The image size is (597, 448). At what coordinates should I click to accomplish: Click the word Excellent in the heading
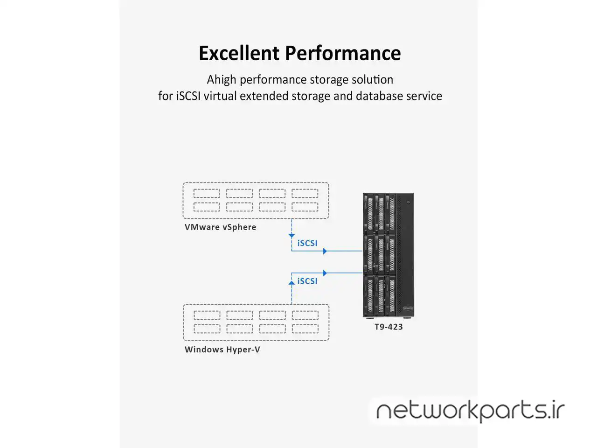point(239,53)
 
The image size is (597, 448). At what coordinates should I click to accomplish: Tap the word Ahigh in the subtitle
point(222,80)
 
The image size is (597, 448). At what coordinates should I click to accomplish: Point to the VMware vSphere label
point(220,227)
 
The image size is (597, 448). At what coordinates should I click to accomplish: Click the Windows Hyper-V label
point(222,350)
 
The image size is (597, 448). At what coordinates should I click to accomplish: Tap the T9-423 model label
point(389,327)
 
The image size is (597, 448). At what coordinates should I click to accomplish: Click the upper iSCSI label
point(307,243)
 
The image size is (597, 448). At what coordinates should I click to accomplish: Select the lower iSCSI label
point(307,281)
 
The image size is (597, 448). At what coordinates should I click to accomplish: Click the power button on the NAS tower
point(408,202)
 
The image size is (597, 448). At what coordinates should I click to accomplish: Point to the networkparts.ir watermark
point(470,411)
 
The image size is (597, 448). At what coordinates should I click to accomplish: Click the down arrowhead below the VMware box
point(292,236)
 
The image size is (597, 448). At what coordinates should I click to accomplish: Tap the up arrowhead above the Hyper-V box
point(292,282)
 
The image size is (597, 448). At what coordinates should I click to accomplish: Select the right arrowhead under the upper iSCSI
point(325,251)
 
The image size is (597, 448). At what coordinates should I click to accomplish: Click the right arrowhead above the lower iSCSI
point(325,273)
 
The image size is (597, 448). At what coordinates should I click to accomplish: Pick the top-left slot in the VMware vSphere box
point(207,193)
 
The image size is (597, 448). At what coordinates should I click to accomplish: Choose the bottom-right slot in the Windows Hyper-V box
point(305,329)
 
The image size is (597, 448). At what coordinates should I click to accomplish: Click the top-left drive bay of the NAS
point(370,213)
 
